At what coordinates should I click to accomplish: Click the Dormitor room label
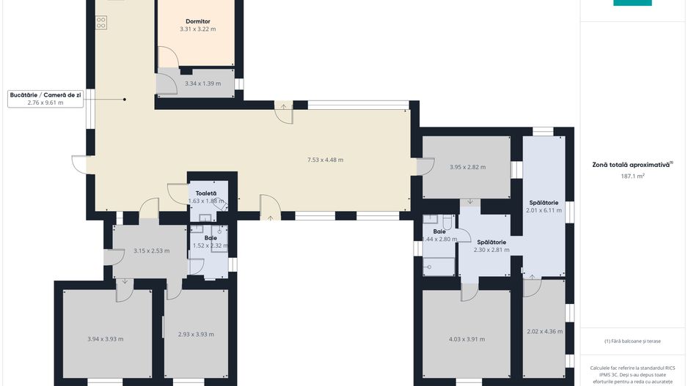tap(197, 21)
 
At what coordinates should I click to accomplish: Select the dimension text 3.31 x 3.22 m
tap(197, 29)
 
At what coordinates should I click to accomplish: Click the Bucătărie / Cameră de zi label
tap(45, 95)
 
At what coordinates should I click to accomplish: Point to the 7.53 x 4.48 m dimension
tap(325, 160)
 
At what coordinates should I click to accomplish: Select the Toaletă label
tap(205, 193)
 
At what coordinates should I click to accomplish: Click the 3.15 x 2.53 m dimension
tap(151, 250)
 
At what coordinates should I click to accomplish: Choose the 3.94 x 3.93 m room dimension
tap(105, 338)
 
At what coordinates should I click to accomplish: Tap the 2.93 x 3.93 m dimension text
tap(196, 334)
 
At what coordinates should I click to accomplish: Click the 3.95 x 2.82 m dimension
tap(467, 167)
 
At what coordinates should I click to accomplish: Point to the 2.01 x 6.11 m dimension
tap(544, 210)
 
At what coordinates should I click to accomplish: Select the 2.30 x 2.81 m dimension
tap(491, 249)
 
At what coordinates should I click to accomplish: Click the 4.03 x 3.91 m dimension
tap(466, 339)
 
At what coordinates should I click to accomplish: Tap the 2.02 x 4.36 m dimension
tap(545, 331)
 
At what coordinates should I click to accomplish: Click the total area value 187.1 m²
tap(632, 176)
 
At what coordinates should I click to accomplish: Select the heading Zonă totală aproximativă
tap(632, 165)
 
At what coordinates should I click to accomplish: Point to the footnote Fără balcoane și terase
tap(632, 341)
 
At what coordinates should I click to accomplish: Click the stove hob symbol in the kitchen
tap(100, 23)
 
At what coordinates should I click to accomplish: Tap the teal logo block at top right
tap(632, 3)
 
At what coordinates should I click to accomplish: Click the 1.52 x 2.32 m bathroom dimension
tap(210, 246)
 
